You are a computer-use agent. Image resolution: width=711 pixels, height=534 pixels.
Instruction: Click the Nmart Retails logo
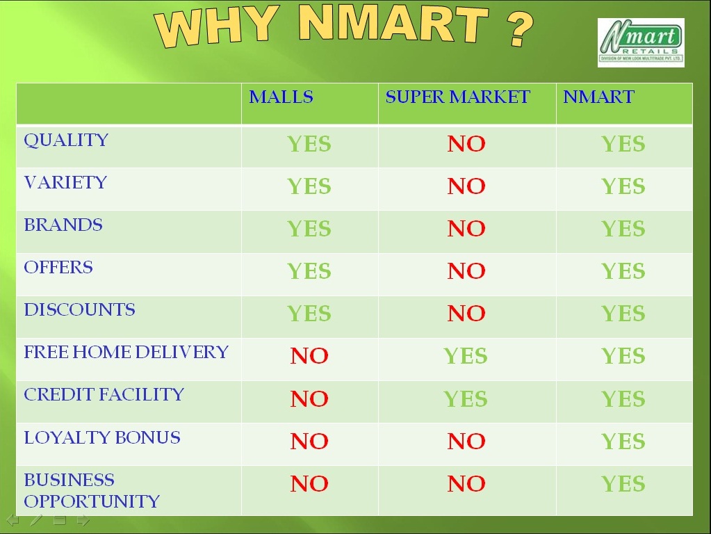point(641,42)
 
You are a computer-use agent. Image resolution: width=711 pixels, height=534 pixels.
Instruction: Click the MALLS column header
point(281,97)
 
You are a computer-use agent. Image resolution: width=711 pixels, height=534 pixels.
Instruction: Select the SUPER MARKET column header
point(457,97)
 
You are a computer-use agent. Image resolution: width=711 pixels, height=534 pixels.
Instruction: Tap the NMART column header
point(598,97)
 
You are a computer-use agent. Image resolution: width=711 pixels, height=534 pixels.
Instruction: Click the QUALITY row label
point(66,140)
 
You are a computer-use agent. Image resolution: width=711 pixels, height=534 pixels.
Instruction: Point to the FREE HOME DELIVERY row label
point(126,352)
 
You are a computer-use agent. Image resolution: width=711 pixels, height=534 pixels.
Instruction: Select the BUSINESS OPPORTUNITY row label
point(91,490)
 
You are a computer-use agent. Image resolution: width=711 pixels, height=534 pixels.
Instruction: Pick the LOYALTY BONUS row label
point(102,437)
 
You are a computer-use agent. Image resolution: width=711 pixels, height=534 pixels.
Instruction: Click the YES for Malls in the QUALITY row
point(309,144)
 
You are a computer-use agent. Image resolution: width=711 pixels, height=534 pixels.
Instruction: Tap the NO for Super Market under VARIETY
point(466,186)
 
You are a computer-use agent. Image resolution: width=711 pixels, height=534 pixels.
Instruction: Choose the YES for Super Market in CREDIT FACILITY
point(466,399)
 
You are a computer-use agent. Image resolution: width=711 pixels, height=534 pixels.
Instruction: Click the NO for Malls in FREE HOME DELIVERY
point(309,356)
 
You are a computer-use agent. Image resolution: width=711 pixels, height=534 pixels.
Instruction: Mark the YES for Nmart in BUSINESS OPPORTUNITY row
point(623,484)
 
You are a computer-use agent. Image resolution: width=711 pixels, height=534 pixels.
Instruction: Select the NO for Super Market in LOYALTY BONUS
point(466,441)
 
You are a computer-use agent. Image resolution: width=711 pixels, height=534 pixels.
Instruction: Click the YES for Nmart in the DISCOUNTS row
point(623,314)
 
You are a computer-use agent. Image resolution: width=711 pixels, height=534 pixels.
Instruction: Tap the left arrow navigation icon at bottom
point(13,519)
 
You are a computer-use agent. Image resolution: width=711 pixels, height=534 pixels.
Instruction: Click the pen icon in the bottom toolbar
point(36,519)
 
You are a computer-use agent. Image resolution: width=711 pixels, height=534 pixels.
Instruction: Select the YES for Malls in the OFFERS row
point(309,271)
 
